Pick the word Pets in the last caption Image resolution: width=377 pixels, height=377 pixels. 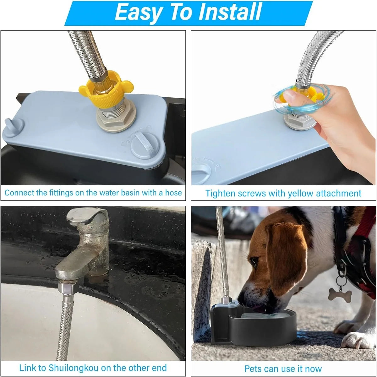253,369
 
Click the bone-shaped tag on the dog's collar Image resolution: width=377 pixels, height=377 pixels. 340,294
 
